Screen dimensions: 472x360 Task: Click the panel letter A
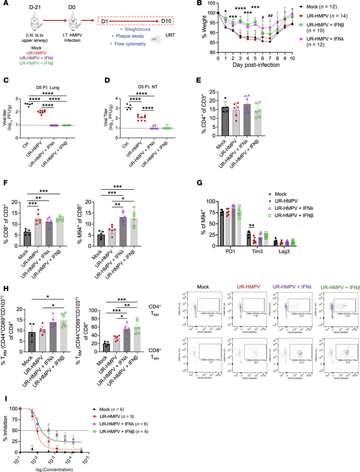pos(4,5)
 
